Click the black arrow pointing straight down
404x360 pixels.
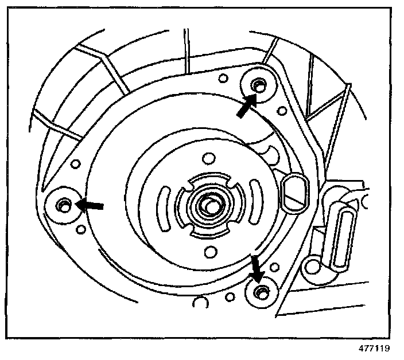click(255, 268)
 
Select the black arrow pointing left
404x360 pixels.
click(92, 204)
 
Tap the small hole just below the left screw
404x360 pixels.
click(81, 230)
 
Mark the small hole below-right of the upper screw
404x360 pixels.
click(282, 110)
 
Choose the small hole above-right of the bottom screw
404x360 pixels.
click(275, 266)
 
